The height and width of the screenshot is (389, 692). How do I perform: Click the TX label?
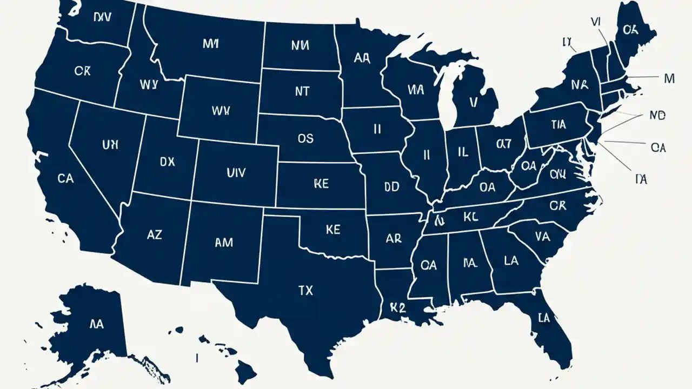(305, 291)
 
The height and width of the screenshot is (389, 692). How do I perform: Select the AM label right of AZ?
(223, 243)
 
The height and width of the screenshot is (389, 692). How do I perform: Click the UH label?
(110, 144)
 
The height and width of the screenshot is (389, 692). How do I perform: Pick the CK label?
(83, 71)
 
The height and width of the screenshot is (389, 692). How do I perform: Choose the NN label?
(299, 45)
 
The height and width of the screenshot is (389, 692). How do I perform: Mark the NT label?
(302, 91)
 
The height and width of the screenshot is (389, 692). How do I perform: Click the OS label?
(305, 138)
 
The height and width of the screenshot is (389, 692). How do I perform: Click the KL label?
(471, 217)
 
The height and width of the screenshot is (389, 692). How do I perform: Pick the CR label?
(557, 206)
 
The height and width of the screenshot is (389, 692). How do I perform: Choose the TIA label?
(558, 125)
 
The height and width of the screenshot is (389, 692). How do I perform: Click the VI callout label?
(596, 22)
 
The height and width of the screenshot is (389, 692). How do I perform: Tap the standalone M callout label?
(669, 79)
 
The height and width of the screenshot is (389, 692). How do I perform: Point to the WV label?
(221, 111)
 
